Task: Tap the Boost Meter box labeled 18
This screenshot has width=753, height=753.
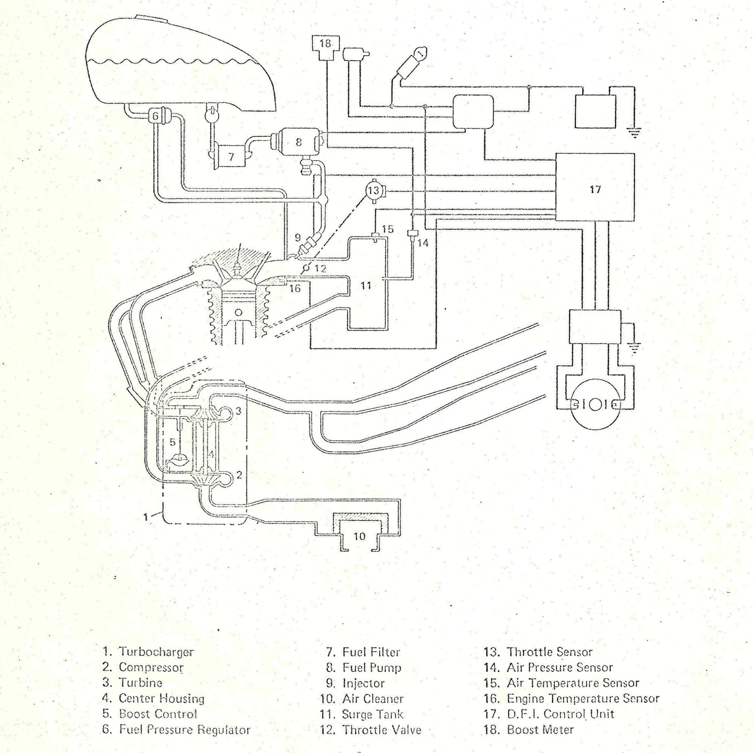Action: [325, 44]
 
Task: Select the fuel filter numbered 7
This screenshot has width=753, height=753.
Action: [231, 157]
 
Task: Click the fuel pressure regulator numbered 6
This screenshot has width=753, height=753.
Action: [155, 116]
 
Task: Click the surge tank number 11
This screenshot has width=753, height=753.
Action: [366, 286]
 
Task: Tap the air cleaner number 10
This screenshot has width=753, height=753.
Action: [359, 536]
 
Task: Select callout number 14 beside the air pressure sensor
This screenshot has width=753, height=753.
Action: [423, 243]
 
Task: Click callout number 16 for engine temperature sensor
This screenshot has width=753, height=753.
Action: [295, 288]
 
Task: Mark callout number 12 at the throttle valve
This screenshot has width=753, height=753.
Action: [320, 268]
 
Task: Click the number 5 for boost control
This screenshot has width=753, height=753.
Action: [173, 442]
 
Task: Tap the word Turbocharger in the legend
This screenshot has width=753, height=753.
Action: [156, 652]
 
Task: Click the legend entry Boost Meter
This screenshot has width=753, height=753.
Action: [540, 730]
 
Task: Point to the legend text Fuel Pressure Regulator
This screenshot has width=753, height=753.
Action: [184, 730]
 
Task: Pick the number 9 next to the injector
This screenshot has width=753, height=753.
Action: [298, 236]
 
